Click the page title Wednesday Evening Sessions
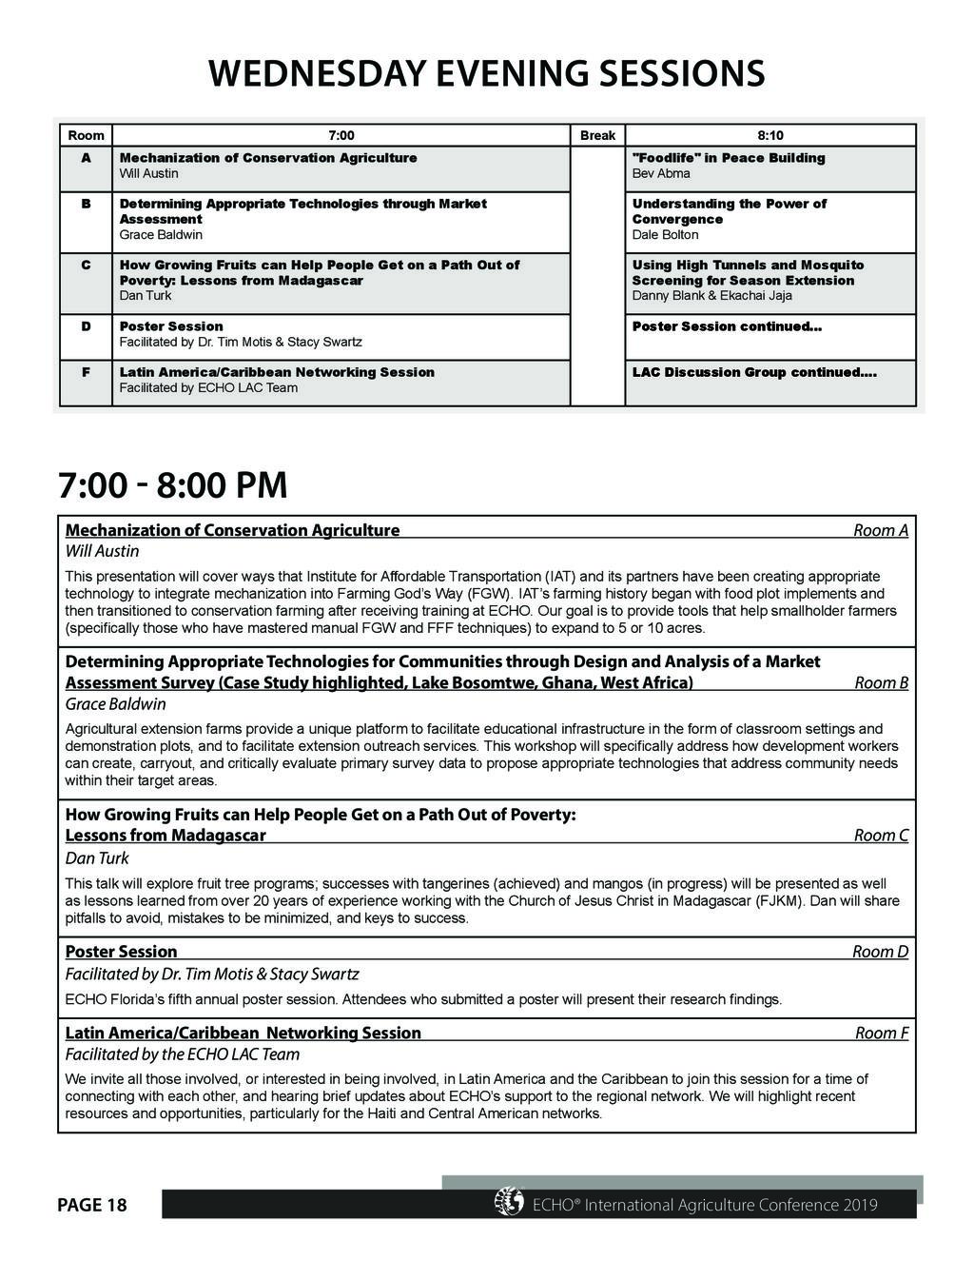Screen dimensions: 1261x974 tap(486, 73)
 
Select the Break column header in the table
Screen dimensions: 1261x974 tap(597, 135)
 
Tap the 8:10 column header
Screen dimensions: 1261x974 tap(770, 135)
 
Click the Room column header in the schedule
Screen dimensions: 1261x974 tap(86, 135)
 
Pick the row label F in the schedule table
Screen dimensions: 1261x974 tap(86, 372)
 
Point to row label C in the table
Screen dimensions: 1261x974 tap(86, 265)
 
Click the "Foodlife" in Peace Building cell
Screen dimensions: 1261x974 tap(729, 158)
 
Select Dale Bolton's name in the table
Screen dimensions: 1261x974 tap(665, 235)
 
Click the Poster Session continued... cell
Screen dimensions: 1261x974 tap(727, 326)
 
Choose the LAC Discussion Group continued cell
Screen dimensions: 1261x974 tap(753, 372)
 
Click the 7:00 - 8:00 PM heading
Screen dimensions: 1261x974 tap(172, 485)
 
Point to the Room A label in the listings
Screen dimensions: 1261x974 tap(881, 530)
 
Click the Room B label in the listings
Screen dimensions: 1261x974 tap(881, 682)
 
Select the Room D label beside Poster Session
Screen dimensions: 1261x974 tap(880, 952)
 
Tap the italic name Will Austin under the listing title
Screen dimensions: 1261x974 tap(102, 552)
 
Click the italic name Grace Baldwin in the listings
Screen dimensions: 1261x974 tap(115, 704)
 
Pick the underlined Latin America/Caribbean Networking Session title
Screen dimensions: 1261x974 tap(243, 1033)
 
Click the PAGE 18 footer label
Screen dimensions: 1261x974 tap(91, 1206)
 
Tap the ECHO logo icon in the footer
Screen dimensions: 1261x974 tap(509, 1203)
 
